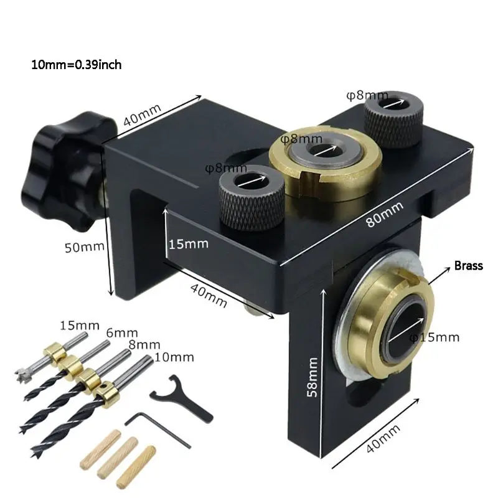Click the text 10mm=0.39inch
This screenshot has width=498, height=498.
click(80, 64)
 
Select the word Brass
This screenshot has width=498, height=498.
click(468, 266)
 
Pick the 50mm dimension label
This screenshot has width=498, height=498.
click(85, 247)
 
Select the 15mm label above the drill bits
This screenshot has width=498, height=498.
click(79, 325)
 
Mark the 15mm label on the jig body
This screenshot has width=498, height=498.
click(188, 243)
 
